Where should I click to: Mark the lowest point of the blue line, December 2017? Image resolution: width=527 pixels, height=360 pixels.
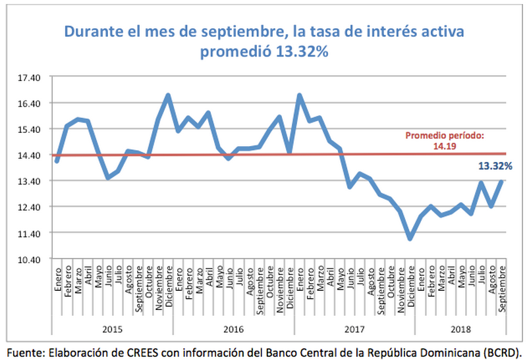click(x=410, y=238)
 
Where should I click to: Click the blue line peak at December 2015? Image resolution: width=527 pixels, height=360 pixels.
click(x=168, y=95)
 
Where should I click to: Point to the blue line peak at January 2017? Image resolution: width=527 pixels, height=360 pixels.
click(x=299, y=95)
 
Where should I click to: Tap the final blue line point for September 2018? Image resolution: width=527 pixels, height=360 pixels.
click(x=502, y=182)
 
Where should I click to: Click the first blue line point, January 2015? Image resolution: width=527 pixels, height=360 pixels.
click(x=57, y=161)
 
